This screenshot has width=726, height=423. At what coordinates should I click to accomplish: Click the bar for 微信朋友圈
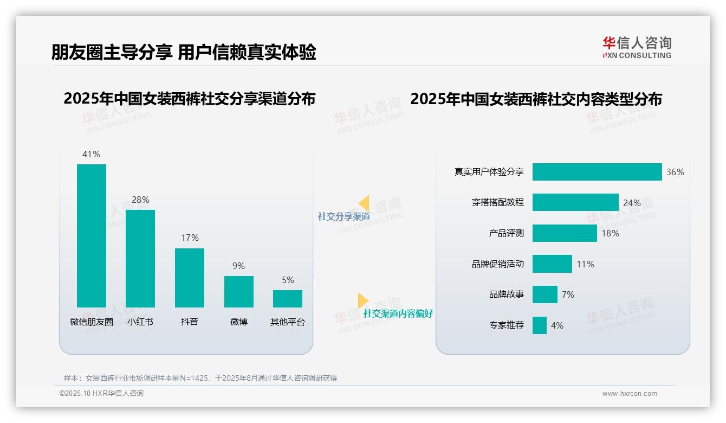[x=92, y=235]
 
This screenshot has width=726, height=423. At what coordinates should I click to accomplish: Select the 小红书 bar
[x=140, y=258]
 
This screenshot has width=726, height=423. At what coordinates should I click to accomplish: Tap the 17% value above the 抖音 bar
[x=190, y=238]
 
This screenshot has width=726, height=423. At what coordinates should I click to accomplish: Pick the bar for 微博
[x=239, y=291]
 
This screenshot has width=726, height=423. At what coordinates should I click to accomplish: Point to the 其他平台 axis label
[x=288, y=322]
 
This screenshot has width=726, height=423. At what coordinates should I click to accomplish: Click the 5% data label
[x=288, y=280]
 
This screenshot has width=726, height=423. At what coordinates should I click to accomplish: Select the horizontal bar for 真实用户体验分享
[x=597, y=172]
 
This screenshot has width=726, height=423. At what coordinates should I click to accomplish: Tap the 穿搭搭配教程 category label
[x=497, y=202]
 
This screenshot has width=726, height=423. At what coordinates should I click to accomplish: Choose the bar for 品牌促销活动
[x=552, y=264]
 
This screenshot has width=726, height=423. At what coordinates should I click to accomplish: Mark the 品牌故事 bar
[x=544, y=294]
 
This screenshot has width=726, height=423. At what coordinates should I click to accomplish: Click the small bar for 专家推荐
[x=539, y=325]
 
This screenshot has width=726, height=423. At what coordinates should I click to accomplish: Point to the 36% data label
[x=675, y=172]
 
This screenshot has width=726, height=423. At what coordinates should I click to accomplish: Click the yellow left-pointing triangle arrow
[x=364, y=203]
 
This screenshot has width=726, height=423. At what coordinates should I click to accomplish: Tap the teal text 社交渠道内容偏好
[x=398, y=313]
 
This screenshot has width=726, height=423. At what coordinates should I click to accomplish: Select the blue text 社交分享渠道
[x=343, y=216]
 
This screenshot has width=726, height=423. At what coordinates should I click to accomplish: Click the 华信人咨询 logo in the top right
[x=637, y=47]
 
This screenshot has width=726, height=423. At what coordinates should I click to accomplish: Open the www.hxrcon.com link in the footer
[x=629, y=394]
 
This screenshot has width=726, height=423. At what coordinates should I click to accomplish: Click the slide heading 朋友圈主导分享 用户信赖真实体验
[x=184, y=52]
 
